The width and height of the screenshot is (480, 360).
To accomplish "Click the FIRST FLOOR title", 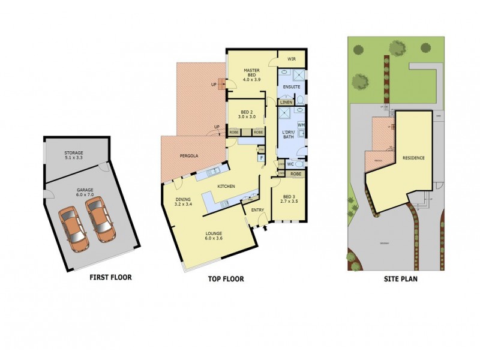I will (x=110, y=277).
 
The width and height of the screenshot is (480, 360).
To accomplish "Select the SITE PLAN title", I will (x=401, y=279).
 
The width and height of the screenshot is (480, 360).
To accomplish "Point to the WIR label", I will (x=292, y=59).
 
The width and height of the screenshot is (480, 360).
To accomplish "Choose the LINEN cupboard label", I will (x=286, y=103).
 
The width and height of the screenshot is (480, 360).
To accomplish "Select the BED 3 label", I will (x=289, y=198).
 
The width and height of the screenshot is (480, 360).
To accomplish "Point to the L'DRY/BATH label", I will (x=289, y=134).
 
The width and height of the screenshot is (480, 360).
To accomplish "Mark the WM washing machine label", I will (x=301, y=125).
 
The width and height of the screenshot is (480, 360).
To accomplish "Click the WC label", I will (x=289, y=163).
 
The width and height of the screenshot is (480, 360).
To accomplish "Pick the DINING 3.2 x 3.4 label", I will (x=183, y=202).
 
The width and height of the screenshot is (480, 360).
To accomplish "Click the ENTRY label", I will (x=257, y=209).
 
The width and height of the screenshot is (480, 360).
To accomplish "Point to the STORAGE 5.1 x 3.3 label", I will (x=75, y=155).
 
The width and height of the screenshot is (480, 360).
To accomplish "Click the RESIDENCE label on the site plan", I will (x=413, y=158).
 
